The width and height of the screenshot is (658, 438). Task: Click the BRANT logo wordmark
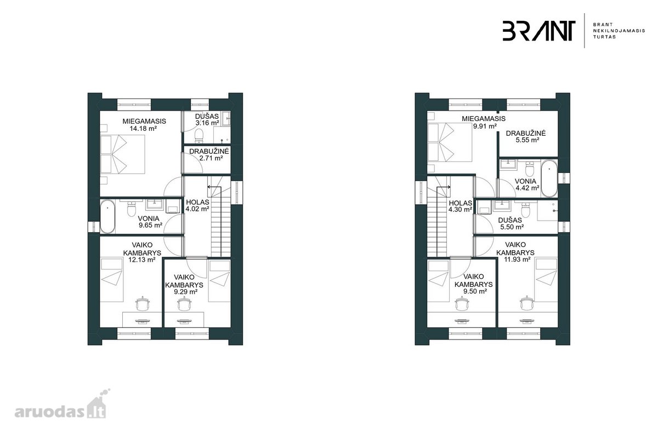(x=538, y=31)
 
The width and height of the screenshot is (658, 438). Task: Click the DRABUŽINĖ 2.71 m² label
(x=209, y=155)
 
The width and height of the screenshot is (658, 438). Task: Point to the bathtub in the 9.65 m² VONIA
(x=107, y=216)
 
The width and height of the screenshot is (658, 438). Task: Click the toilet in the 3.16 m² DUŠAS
(x=199, y=135)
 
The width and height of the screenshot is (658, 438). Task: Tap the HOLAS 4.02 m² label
(x=197, y=206)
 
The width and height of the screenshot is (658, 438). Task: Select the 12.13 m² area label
(x=142, y=260)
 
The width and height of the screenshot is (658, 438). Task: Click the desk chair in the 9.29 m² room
(x=184, y=304)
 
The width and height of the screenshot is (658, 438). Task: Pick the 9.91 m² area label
(x=485, y=126)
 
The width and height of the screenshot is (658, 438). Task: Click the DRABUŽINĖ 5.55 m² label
(x=526, y=137)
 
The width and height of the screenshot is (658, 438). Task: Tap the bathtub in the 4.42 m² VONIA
(x=549, y=178)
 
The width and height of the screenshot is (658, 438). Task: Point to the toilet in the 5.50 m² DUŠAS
(x=525, y=210)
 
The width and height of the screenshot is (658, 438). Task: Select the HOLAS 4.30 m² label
(x=460, y=206)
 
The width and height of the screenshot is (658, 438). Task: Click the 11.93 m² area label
(x=517, y=260)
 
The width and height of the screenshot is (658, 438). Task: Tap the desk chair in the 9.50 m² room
(x=462, y=304)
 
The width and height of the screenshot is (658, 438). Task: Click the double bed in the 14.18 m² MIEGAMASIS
(x=122, y=154)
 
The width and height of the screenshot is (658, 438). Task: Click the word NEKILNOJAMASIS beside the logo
(x=619, y=31)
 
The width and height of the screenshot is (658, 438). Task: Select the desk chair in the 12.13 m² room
(x=143, y=304)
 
